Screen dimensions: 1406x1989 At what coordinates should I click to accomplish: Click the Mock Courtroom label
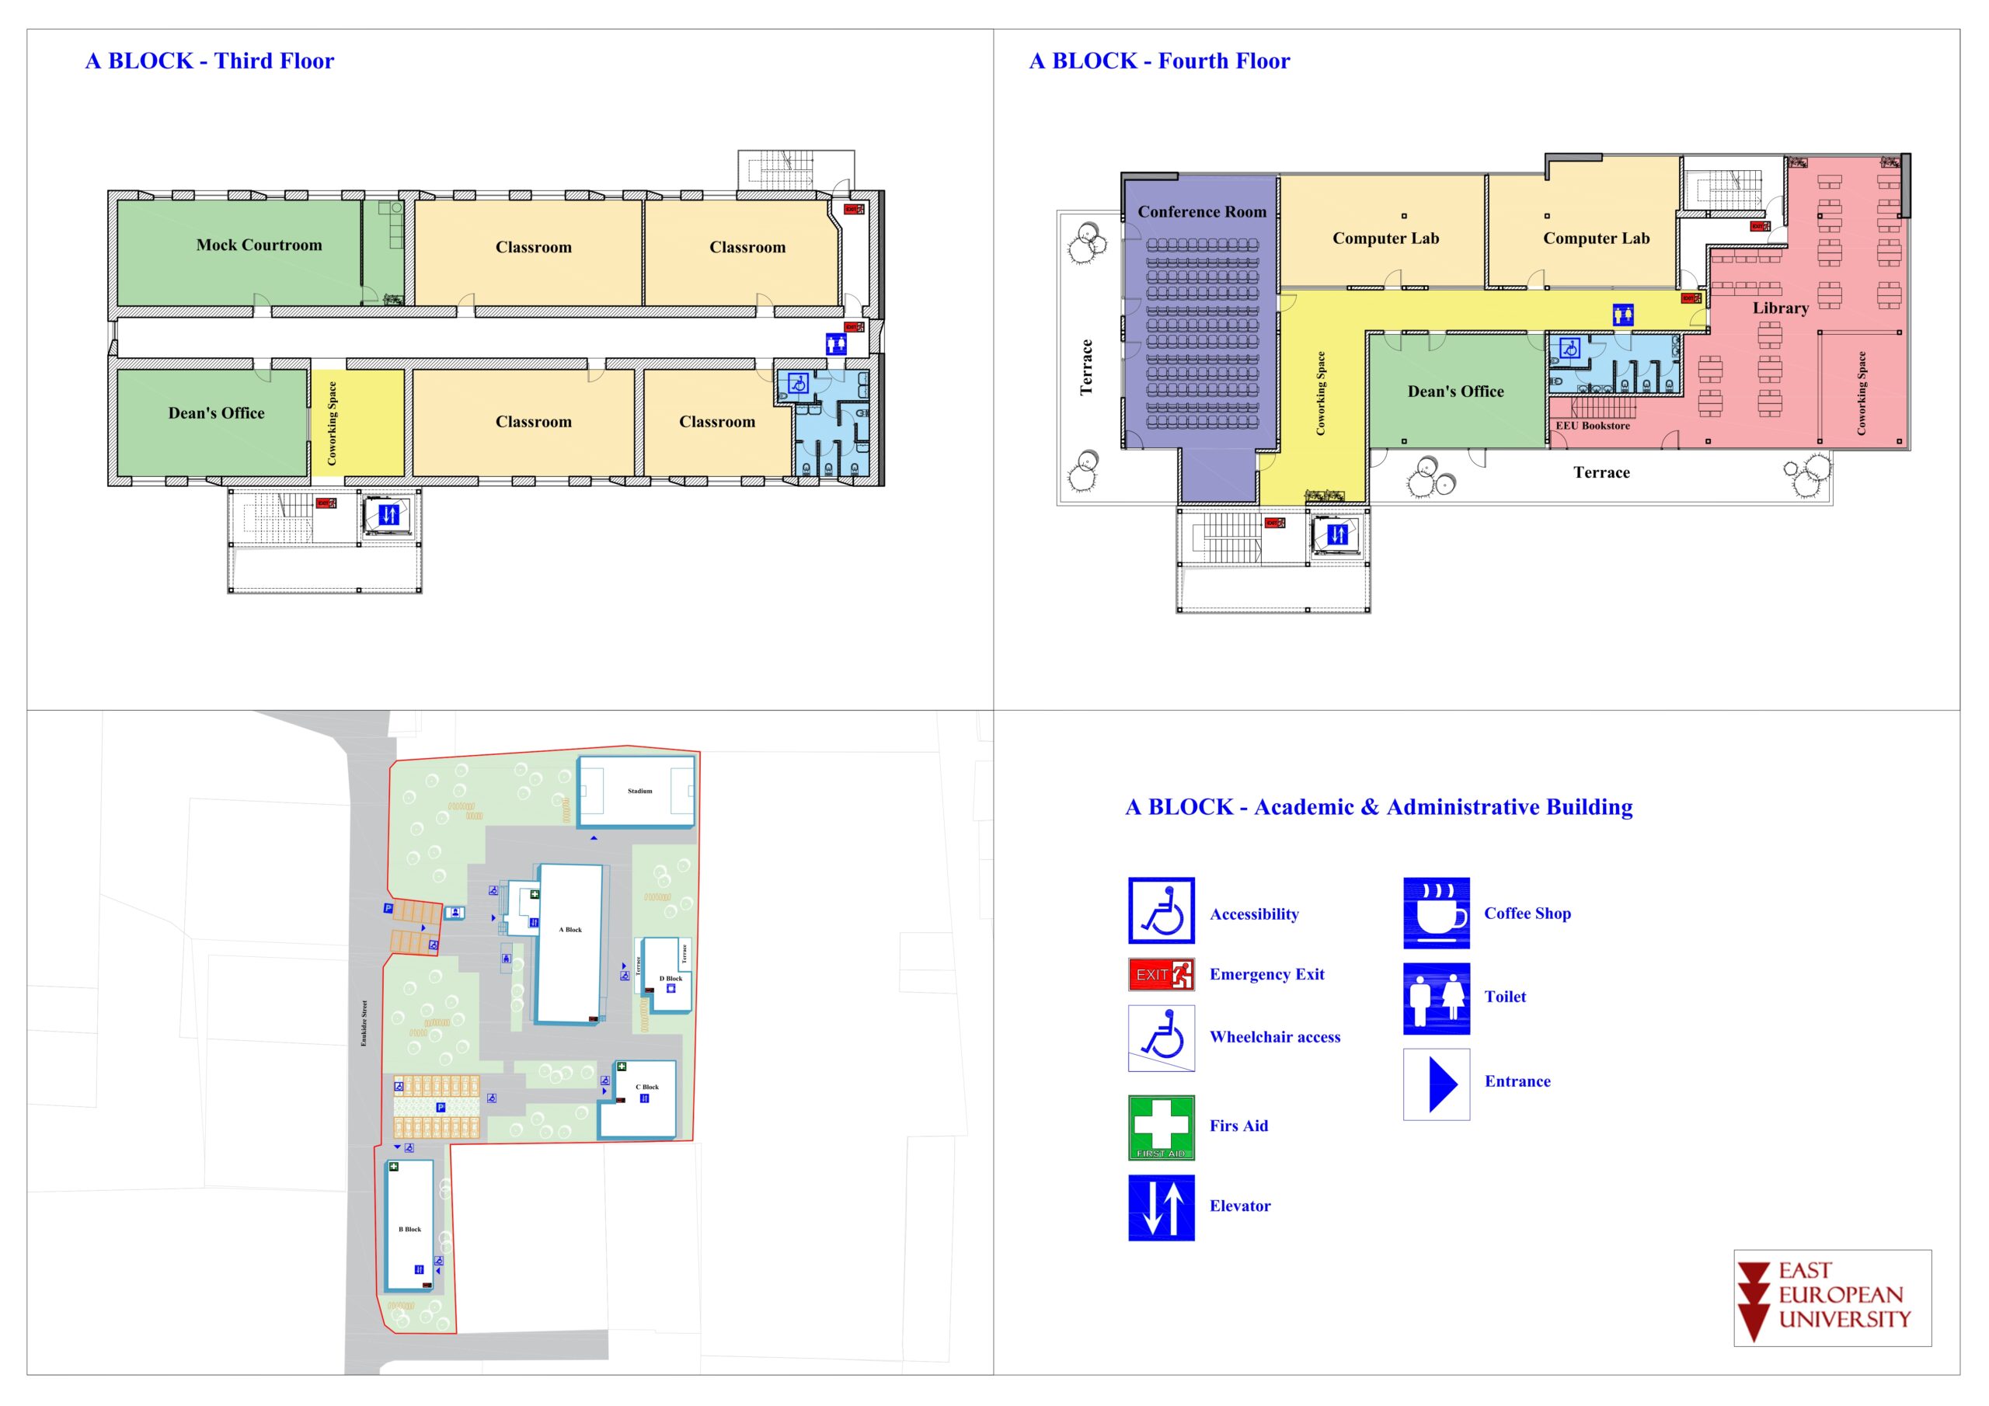259,245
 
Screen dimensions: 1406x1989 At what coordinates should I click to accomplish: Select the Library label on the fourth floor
1780,308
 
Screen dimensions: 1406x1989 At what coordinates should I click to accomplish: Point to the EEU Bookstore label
1592,426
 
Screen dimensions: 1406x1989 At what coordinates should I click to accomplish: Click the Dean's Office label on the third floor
217,413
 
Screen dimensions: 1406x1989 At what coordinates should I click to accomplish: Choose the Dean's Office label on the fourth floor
1455,392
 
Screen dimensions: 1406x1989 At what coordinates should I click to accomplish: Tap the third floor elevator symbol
389,514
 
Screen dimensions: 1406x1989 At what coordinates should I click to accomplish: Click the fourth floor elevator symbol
1338,535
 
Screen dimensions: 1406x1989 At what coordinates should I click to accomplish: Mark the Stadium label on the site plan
639,791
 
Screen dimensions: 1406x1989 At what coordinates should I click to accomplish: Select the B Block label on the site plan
409,1229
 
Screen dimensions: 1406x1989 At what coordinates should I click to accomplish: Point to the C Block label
647,1086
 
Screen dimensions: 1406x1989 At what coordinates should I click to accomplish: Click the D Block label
671,978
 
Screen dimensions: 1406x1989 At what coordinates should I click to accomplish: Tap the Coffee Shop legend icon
1436,913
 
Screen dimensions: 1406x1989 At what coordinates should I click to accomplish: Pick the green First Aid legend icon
1161,1127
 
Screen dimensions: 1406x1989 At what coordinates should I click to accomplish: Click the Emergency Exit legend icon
1161,975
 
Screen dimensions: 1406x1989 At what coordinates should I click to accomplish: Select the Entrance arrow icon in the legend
1437,1084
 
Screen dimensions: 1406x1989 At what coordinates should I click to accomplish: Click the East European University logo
1832,1298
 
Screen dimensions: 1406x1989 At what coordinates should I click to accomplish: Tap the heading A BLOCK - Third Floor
210,61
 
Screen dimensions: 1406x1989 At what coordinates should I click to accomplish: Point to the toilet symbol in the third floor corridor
836,344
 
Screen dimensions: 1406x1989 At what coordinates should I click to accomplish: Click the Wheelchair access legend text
1274,1037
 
